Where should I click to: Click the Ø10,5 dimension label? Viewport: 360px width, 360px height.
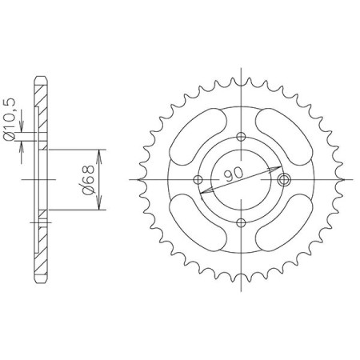click(x=9, y=120)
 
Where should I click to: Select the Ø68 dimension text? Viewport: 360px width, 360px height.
click(x=89, y=180)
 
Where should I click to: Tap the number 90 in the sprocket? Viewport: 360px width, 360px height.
click(x=234, y=174)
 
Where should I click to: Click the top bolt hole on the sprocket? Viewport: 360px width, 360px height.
click(x=241, y=137)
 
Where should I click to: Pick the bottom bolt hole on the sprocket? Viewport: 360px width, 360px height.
click(x=241, y=222)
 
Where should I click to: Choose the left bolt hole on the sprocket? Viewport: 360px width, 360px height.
click(x=198, y=179)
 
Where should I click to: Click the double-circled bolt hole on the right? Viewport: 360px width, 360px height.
click(x=284, y=179)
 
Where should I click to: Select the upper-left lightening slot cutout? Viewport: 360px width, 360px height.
click(x=198, y=137)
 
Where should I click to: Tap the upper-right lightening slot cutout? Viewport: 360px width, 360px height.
click(x=284, y=137)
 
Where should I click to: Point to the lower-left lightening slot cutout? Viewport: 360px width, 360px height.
click(x=198, y=222)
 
